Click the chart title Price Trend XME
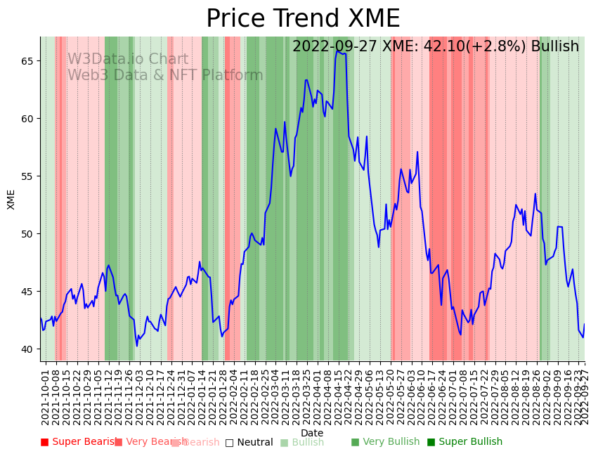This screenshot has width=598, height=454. (x=303, y=19)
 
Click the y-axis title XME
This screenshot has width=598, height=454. (x=11, y=199)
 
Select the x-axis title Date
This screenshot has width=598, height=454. (x=312, y=433)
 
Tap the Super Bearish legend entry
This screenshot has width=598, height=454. (x=79, y=442)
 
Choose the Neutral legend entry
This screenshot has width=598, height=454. (x=249, y=442)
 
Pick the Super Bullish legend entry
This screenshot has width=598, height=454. (x=464, y=442)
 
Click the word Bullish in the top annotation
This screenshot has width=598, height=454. (x=555, y=46)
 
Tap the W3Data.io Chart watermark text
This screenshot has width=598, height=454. (x=128, y=60)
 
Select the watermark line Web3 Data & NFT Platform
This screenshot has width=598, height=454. (x=165, y=75)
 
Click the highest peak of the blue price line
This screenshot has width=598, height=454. (x=337, y=51)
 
